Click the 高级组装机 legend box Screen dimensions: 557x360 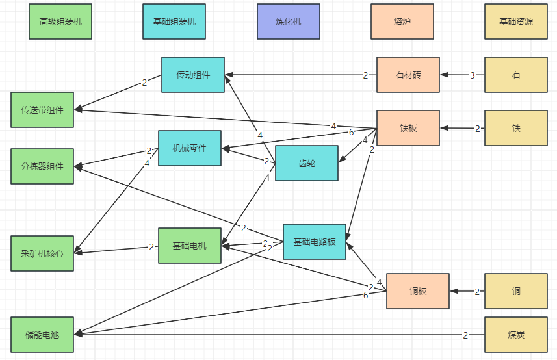point(60,21)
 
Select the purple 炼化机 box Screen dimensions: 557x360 point(289,21)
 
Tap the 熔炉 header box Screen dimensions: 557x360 point(402,21)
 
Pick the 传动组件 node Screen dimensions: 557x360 point(193,75)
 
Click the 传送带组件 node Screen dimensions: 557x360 point(42,110)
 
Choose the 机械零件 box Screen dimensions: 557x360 point(190,148)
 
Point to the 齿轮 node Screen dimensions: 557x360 point(307,163)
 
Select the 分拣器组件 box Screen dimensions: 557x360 point(42,166)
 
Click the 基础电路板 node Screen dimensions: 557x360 point(315,242)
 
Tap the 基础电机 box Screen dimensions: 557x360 point(190,246)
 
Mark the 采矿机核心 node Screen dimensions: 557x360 point(42,253)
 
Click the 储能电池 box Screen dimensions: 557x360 point(42,335)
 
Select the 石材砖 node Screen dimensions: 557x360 point(408,75)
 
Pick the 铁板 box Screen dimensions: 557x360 point(408,128)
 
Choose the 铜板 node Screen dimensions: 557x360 point(418,290)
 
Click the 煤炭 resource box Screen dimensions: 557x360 point(516,335)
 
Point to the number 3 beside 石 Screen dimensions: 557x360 point(473,75)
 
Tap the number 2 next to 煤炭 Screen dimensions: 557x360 point(465,335)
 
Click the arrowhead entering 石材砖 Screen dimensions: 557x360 point(444,75)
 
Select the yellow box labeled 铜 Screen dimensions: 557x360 point(516,290)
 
